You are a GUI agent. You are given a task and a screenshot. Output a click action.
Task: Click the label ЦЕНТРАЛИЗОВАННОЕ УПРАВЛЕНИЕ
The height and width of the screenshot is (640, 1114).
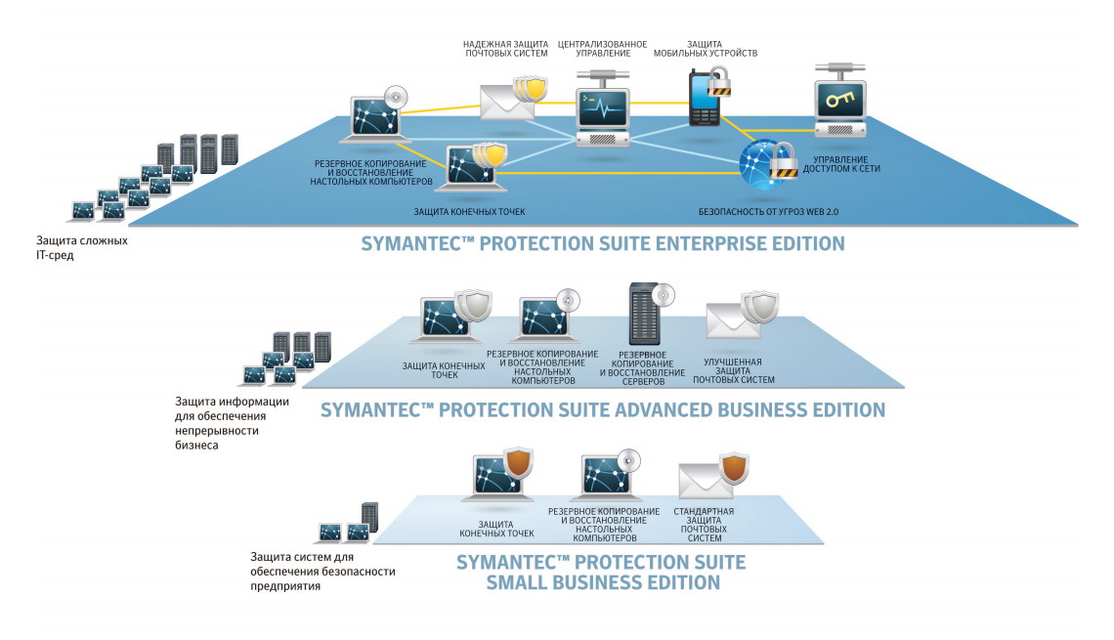coord(602,49)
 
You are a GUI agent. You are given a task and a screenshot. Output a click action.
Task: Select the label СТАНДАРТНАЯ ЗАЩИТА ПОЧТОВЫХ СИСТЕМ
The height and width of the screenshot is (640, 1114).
coord(704,525)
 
